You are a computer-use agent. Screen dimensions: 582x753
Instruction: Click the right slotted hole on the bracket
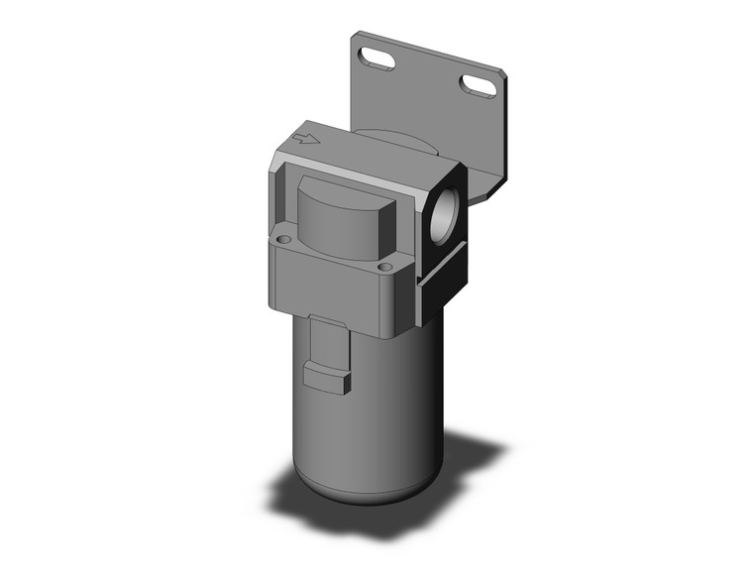pos(481,87)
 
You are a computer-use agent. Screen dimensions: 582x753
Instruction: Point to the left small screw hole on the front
pos(283,239)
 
